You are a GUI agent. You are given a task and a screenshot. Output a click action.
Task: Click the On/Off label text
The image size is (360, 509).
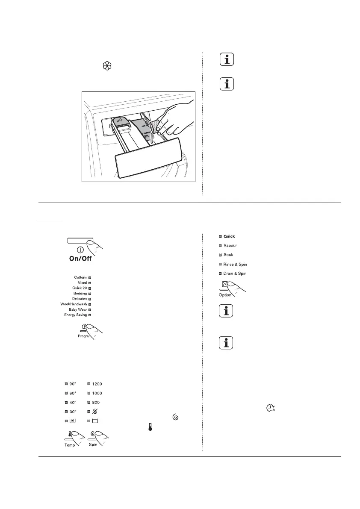80,259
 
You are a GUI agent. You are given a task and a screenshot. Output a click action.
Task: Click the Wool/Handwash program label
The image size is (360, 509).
74,304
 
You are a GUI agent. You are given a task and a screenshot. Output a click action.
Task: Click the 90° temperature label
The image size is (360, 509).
73,384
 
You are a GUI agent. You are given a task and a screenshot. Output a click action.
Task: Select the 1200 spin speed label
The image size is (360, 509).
97,384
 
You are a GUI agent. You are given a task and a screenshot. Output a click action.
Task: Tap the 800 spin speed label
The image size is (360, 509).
96,402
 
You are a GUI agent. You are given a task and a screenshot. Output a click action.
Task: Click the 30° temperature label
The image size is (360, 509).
73,411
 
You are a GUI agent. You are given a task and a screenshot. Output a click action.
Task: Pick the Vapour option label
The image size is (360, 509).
230,245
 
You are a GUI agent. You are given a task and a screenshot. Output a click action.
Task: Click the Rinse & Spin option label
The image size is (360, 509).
235,264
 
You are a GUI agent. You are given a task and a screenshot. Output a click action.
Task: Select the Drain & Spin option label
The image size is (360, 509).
235,273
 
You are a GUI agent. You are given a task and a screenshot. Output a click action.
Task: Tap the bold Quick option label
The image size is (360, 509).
229,236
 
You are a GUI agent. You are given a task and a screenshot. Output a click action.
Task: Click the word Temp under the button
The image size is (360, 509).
69,445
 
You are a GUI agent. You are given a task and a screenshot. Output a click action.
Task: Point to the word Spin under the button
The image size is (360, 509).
93,445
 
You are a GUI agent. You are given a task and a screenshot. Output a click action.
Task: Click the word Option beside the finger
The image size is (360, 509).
225,295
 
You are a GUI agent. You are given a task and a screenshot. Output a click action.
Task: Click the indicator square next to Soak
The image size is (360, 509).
220,255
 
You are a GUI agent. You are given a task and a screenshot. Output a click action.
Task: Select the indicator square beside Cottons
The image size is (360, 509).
90,277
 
